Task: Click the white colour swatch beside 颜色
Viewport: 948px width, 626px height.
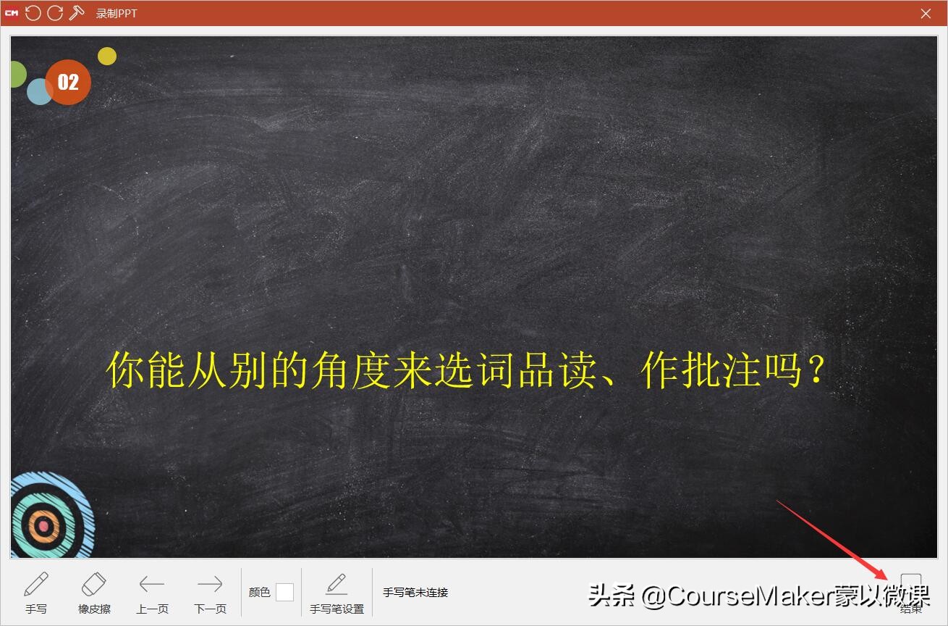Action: click(284, 592)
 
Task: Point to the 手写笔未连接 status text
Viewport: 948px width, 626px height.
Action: click(415, 592)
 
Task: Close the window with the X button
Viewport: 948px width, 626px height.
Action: click(926, 13)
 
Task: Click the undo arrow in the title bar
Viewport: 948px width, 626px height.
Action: click(33, 13)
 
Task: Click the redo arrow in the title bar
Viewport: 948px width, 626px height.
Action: click(55, 13)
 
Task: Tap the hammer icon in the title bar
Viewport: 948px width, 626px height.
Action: click(77, 13)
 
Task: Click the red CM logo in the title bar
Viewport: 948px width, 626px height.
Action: click(12, 13)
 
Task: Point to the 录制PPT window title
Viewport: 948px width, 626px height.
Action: click(117, 14)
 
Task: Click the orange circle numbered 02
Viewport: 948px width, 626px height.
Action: click(68, 82)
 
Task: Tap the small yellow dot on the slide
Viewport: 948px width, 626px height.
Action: click(107, 56)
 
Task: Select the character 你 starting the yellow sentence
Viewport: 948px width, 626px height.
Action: click(124, 370)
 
